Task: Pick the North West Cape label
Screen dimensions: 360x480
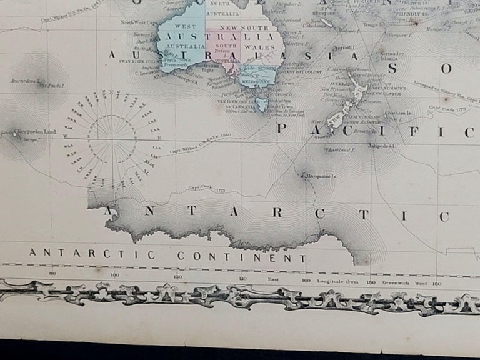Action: (x=136, y=22)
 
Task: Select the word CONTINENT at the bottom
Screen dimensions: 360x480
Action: (x=241, y=256)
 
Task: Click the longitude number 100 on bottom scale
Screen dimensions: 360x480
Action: (x=115, y=274)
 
